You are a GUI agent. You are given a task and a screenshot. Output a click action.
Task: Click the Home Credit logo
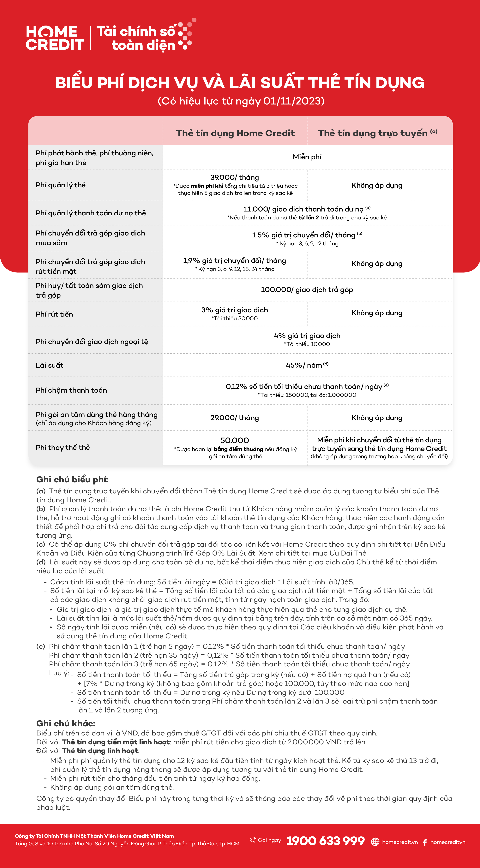point(55,38)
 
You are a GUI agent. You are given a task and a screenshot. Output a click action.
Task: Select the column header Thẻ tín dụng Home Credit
point(235,133)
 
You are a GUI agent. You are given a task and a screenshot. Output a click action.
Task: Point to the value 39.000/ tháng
point(235,177)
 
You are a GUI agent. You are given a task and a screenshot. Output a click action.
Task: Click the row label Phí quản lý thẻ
point(61,185)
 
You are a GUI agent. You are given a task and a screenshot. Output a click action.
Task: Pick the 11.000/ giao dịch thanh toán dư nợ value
point(303,209)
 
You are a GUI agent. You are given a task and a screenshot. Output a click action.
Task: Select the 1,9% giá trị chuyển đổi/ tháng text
point(235,260)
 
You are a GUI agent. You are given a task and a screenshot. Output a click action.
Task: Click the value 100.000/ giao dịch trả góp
point(307,290)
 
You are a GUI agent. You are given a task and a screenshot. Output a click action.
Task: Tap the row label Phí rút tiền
point(54,314)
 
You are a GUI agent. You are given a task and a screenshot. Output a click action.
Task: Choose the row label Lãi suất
point(50,365)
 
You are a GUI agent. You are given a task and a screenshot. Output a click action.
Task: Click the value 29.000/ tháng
point(235,418)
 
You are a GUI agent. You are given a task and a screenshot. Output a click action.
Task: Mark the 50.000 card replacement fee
point(235,440)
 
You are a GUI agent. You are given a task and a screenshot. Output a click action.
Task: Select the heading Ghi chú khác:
point(66,723)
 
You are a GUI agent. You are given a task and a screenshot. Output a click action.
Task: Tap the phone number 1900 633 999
point(325,841)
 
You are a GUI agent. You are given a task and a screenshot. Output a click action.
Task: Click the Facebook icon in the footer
point(425,842)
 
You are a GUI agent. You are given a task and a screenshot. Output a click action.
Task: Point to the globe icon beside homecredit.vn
point(375,842)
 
